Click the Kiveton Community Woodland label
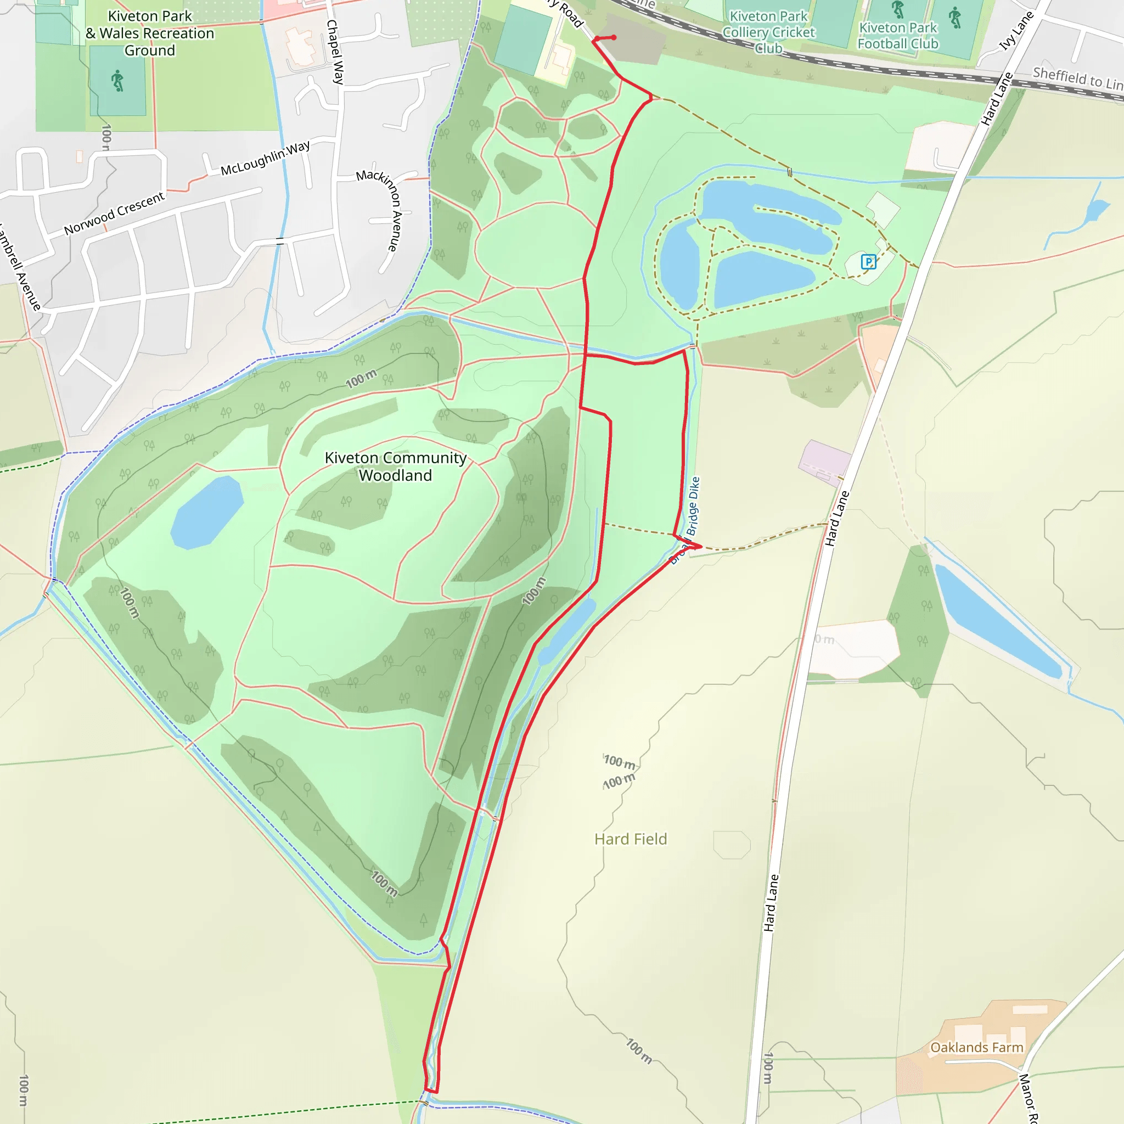pos(395,466)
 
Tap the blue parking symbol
pos(868,262)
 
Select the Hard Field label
pos(630,839)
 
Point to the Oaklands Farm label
pos(976,1047)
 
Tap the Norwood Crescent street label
pos(114,213)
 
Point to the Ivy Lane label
pos(1016,30)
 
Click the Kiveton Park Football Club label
pos(898,36)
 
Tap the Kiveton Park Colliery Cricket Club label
pos(768,32)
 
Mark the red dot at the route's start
pos(613,38)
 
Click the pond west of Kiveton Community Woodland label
pos(206,513)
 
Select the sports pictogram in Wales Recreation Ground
pos(117,80)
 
